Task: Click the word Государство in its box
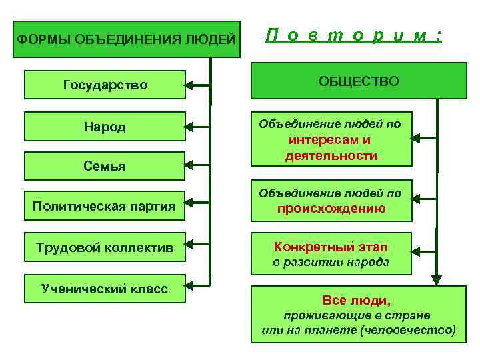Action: point(105,85)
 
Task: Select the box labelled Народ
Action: point(105,127)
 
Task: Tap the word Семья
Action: point(105,166)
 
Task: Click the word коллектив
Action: point(140,247)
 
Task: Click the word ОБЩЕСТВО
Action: point(359,81)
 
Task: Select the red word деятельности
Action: point(331,156)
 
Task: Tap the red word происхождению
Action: point(331,208)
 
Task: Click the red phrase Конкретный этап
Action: point(331,247)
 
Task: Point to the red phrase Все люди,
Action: point(357,300)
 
